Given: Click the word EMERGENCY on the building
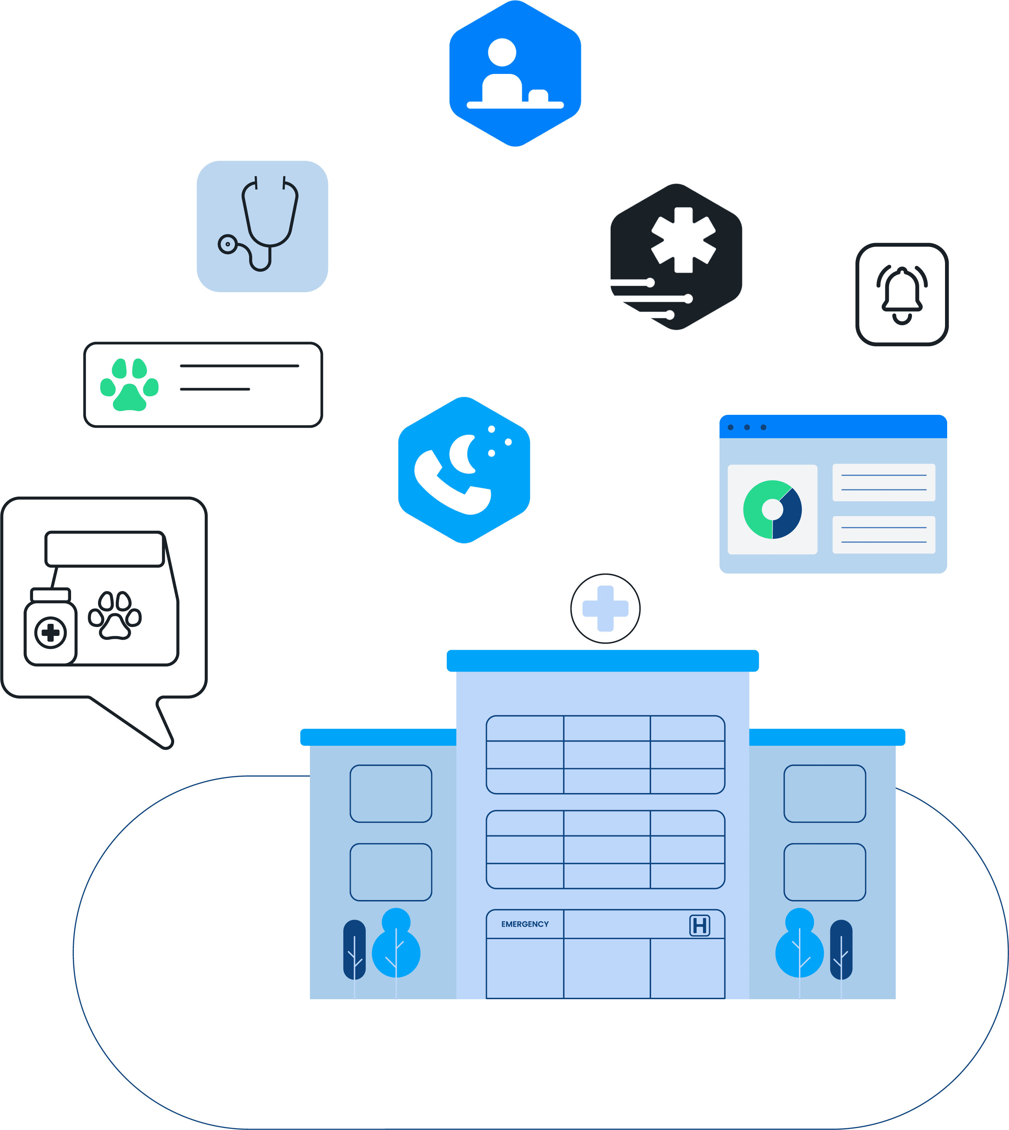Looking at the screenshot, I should [525, 924].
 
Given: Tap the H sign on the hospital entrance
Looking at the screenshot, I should [700, 925].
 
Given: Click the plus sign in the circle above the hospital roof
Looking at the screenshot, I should [605, 608].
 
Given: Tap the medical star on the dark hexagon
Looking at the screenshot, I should [683, 240].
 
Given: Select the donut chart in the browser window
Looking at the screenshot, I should [772, 509].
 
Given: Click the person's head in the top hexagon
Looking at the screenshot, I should [502, 52].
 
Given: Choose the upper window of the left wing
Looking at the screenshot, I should [391, 793].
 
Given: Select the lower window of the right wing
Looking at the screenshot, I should [825, 872].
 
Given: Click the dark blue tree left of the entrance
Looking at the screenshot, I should [354, 950].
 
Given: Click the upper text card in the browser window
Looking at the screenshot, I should [884, 482].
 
